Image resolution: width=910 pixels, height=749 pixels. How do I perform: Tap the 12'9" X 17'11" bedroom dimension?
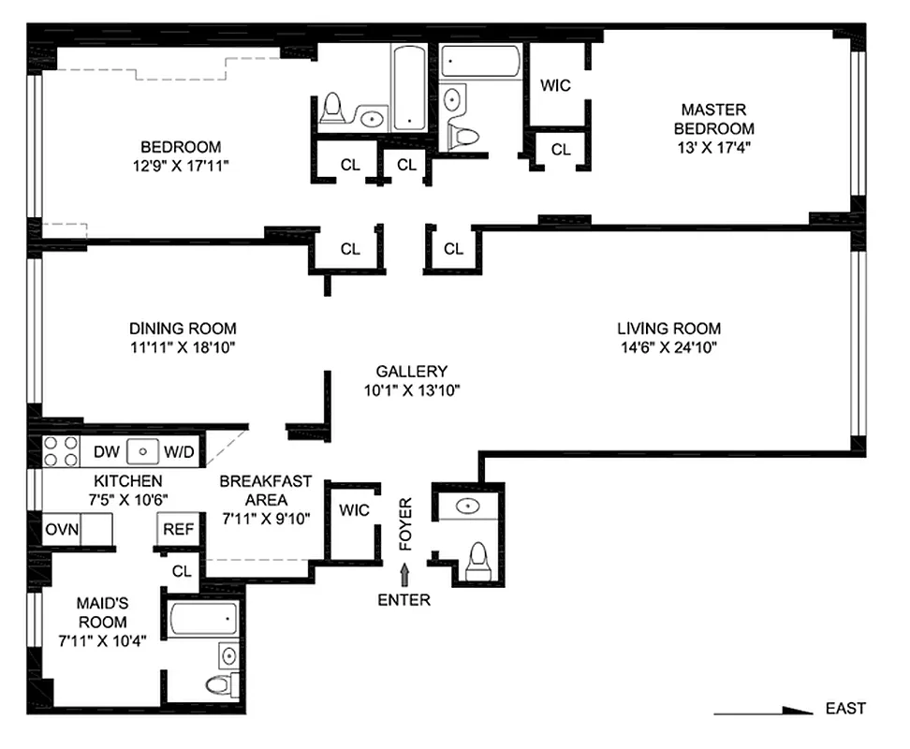coord(181,165)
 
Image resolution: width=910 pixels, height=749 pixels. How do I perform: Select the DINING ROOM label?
coord(183,329)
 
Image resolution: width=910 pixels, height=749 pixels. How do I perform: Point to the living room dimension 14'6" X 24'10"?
coord(668,346)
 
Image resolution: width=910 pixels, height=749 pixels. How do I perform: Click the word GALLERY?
coord(411,371)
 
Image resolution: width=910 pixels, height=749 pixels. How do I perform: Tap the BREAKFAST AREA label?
coord(266,490)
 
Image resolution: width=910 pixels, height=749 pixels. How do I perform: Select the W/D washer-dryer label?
coord(179,452)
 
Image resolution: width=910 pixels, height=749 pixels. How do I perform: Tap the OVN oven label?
coord(63,529)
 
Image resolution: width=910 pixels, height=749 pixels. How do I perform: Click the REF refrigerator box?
coord(178,529)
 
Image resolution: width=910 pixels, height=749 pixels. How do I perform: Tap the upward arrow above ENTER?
coord(404,575)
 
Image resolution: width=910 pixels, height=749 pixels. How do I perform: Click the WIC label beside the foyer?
coord(354,510)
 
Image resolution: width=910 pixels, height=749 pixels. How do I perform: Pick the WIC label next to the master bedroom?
coord(555,85)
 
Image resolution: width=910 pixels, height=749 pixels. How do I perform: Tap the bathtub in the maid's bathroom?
coord(204,619)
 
